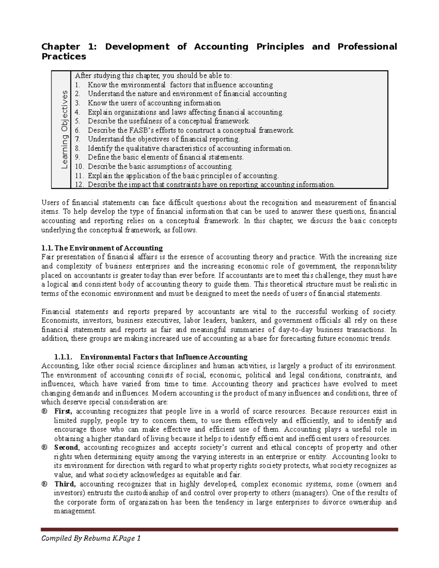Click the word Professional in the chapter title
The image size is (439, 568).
pos(367,47)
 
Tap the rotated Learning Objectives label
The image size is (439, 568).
pos(65,129)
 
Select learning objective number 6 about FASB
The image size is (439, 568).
pos(191,130)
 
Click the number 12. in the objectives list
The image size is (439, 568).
pos(79,184)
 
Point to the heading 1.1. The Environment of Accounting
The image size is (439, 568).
pos(102,248)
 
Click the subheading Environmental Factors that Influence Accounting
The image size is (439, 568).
pos(164,357)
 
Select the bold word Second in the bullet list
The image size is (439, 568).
pos(66,448)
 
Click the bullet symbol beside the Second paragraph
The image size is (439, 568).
pos(45,448)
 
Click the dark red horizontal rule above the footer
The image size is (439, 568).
pos(219,529)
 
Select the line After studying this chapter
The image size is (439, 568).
pos(153,76)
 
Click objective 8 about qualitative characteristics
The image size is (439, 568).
pos(190,148)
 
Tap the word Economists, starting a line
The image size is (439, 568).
pos(60,321)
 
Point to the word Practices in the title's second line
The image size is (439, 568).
pos(64,57)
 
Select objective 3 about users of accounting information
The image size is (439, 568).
pos(154,103)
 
